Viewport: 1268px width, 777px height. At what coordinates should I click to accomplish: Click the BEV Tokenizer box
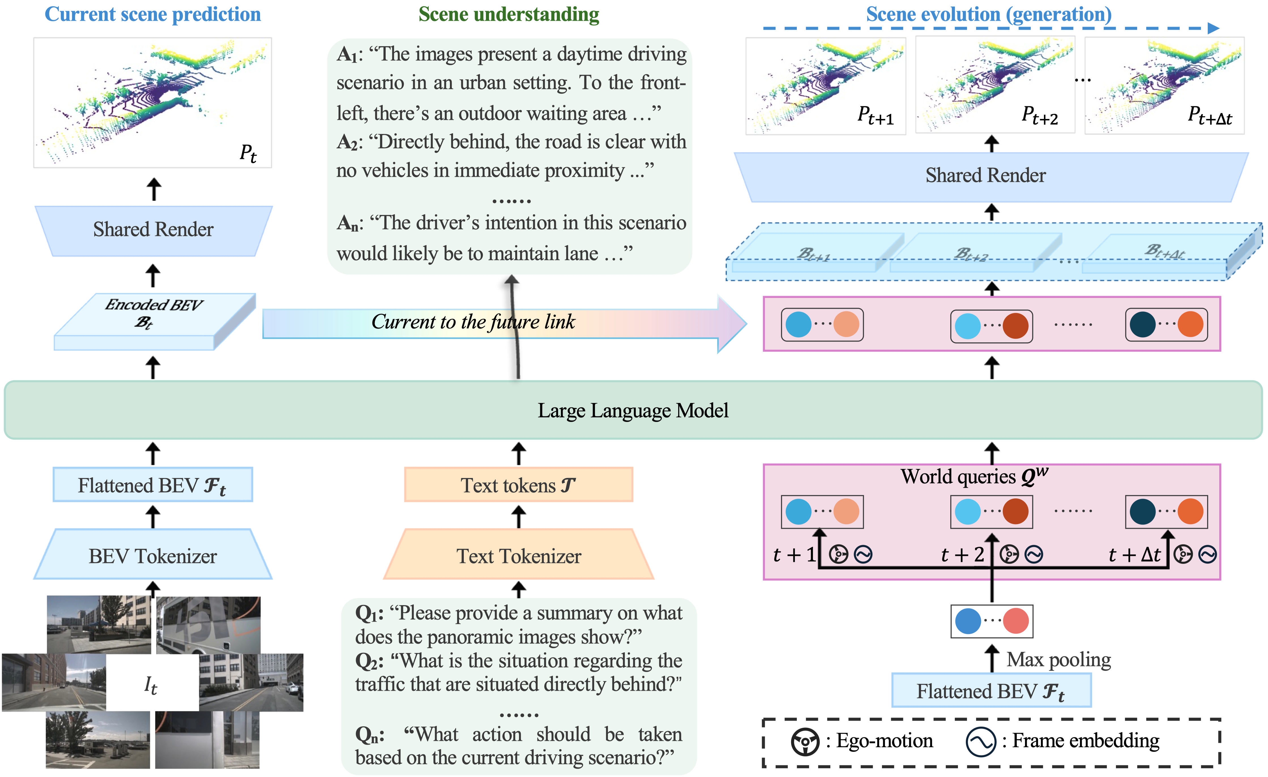pyautogui.click(x=153, y=556)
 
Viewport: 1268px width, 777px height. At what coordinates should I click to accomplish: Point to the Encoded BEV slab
pyautogui.click(x=154, y=322)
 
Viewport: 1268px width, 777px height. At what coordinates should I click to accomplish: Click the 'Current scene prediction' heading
pyautogui.click(x=153, y=14)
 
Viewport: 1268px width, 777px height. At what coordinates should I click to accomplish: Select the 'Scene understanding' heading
pyautogui.click(x=509, y=14)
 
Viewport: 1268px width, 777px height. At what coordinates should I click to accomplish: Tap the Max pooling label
pyautogui.click(x=1058, y=659)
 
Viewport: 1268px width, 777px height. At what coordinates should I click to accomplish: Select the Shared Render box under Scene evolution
pyautogui.click(x=985, y=176)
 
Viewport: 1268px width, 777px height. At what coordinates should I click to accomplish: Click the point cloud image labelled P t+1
pyautogui.click(x=825, y=86)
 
